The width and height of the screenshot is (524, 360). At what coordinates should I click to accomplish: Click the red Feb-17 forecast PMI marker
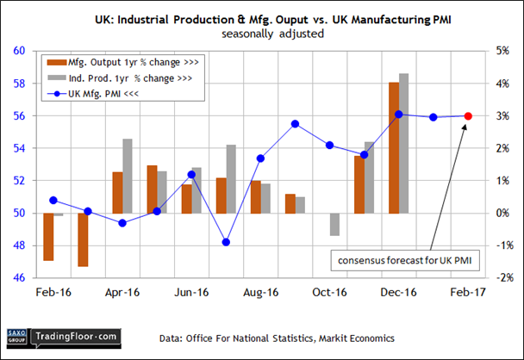click(468, 116)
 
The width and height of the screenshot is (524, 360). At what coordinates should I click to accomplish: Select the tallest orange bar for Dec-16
click(393, 148)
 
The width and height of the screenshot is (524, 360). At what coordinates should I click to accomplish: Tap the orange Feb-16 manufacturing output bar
click(48, 237)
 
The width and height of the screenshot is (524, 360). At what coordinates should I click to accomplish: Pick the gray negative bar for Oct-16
click(334, 224)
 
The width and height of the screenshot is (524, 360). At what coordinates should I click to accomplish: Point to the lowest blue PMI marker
click(226, 242)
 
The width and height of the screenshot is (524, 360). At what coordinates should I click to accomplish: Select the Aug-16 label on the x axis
click(259, 293)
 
